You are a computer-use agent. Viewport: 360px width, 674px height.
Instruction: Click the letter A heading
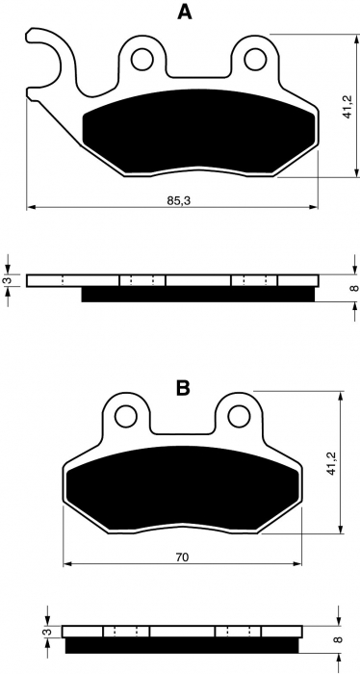point(180,13)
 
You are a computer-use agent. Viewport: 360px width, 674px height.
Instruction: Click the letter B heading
point(181,388)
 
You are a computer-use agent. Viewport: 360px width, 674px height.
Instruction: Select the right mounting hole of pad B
point(237,417)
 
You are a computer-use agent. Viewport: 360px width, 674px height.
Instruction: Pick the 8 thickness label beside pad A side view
point(352,288)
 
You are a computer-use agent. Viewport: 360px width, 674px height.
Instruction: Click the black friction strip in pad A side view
point(197,295)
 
